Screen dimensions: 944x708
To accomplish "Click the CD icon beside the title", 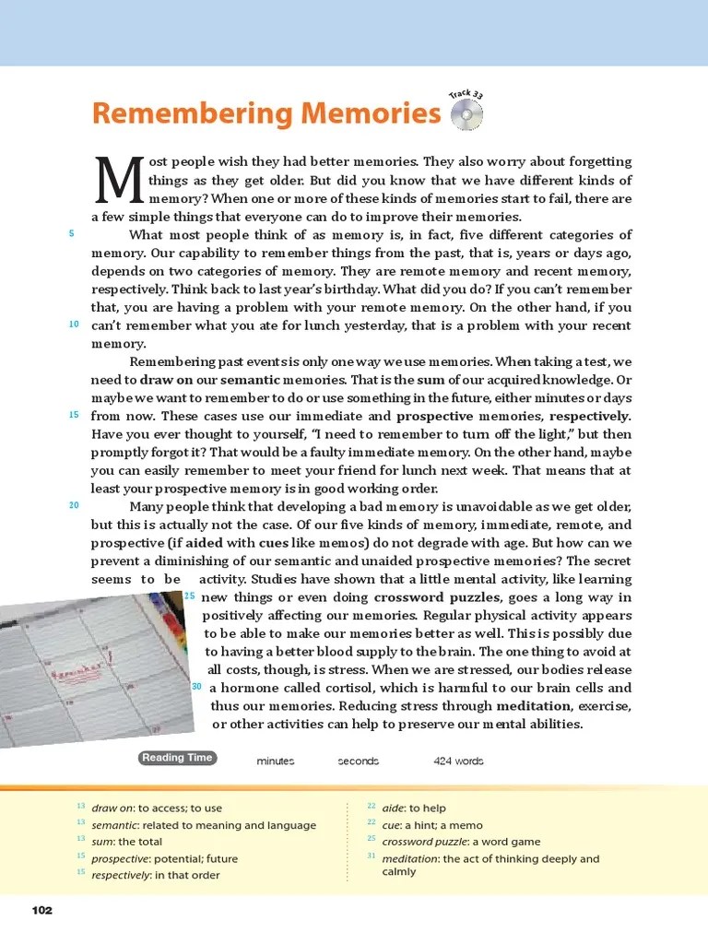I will tap(467, 115).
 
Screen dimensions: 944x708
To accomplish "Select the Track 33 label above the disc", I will tap(466, 93).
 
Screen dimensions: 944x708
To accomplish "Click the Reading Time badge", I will tap(177, 758).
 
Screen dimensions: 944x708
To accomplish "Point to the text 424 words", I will tap(458, 761).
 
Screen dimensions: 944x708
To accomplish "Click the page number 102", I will tap(42, 911).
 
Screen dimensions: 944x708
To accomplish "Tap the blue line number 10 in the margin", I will tap(74, 324).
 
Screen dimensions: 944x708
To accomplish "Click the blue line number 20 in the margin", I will tap(74, 505).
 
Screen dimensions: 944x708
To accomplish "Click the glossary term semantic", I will tap(114, 825).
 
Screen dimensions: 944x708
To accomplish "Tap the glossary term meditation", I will tap(410, 858).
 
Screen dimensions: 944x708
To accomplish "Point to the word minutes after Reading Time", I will tap(276, 761).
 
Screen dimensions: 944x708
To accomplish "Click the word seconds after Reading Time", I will tap(359, 761).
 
